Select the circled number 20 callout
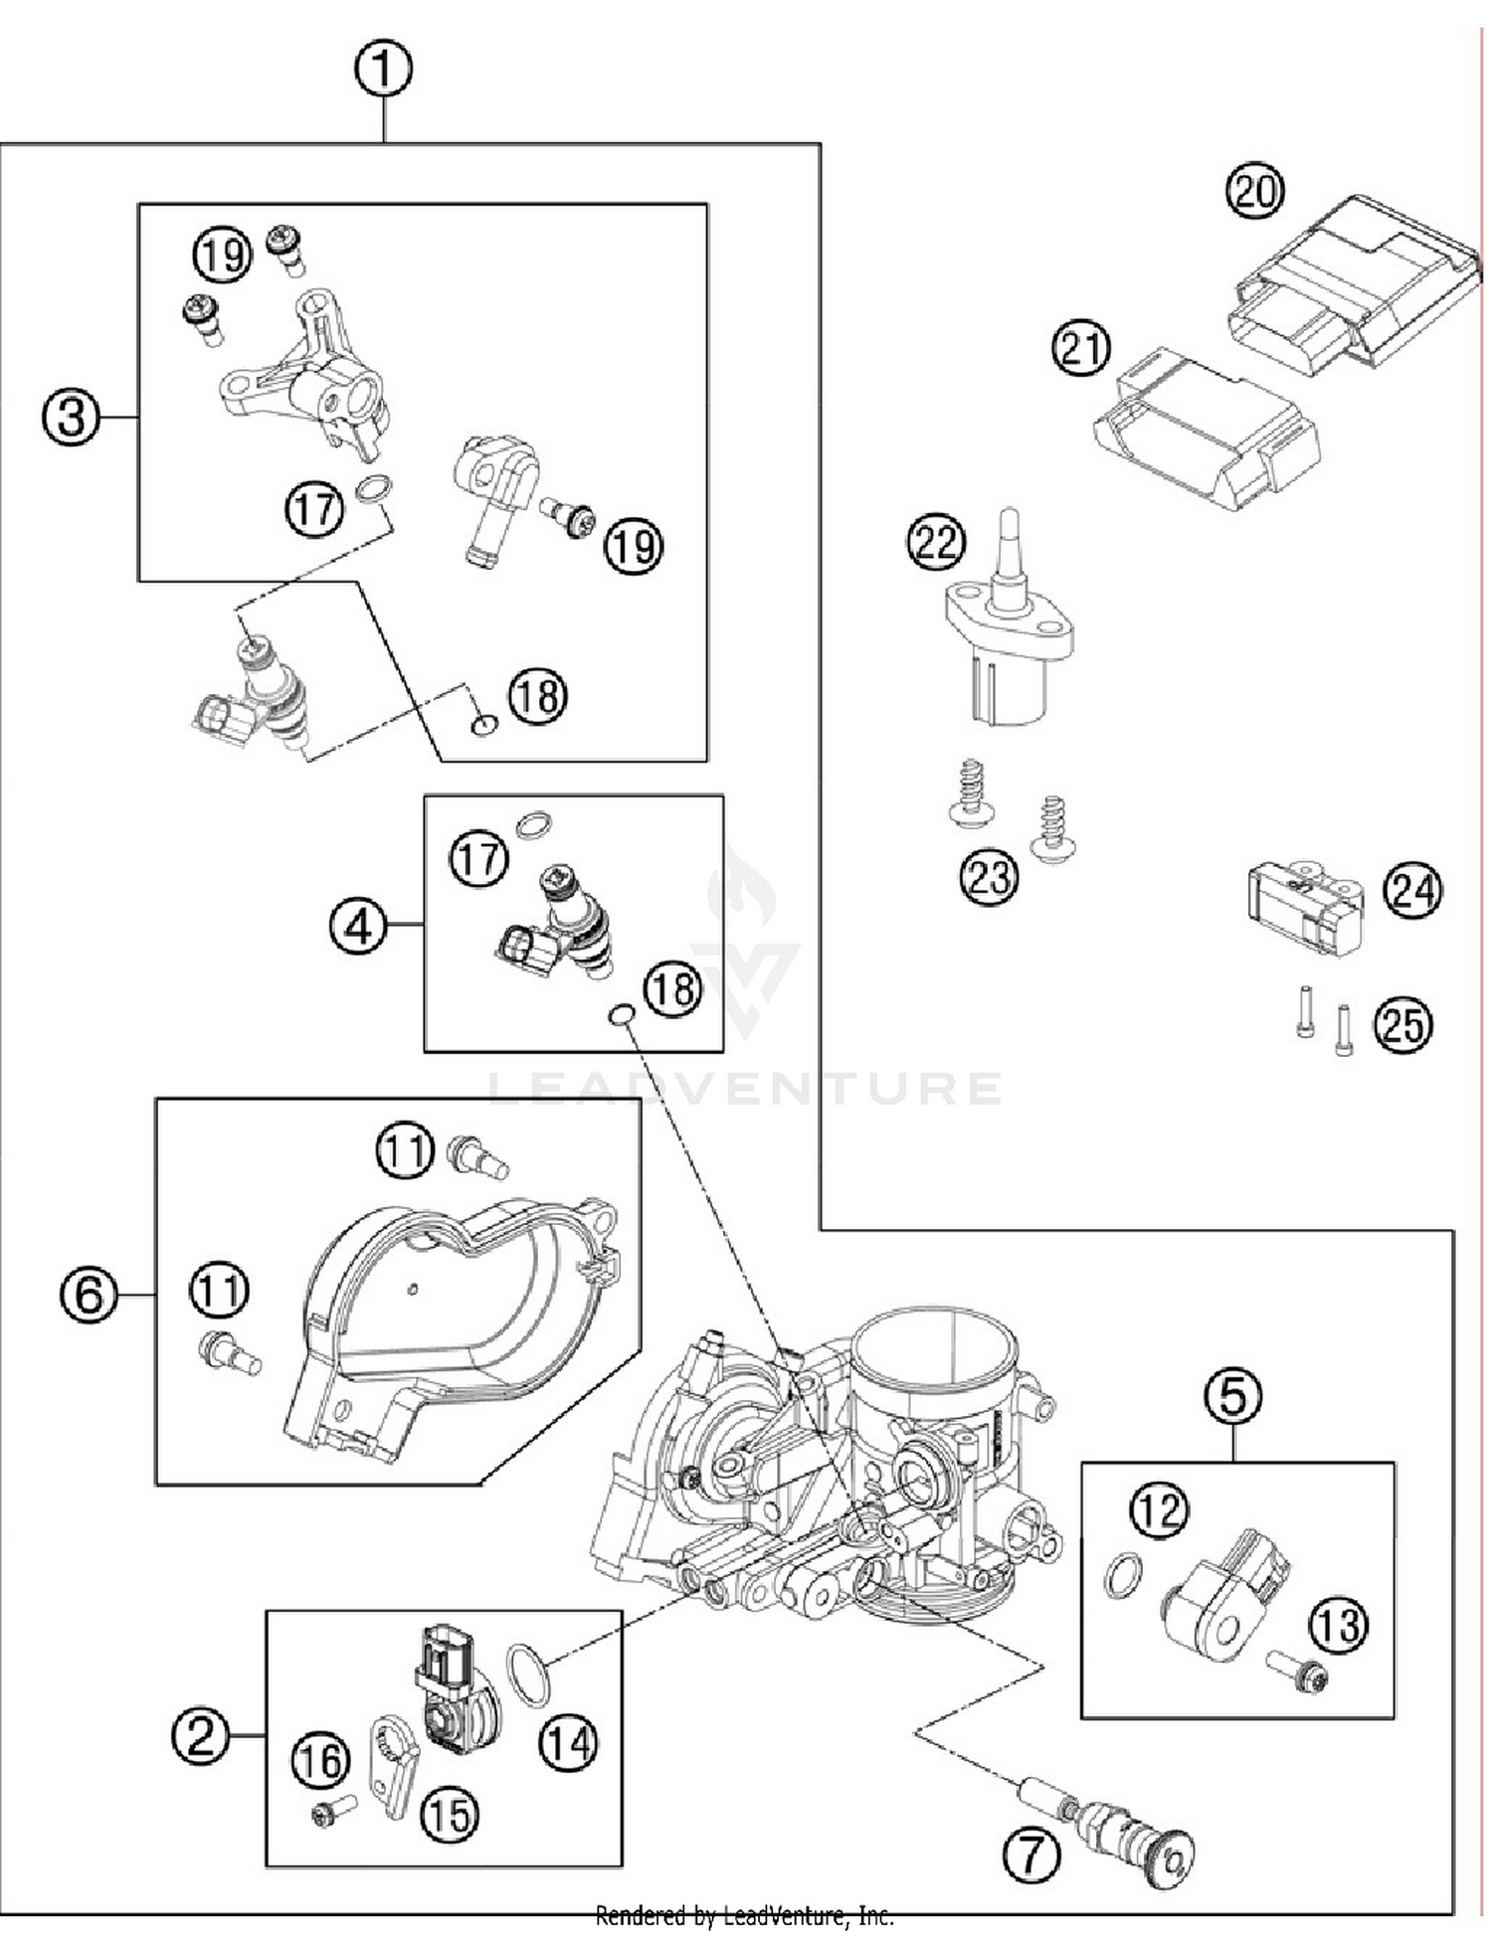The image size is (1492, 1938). pyautogui.click(x=1254, y=191)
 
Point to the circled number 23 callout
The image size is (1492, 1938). pyautogui.click(x=989, y=877)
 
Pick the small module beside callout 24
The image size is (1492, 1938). pyautogui.click(x=1304, y=908)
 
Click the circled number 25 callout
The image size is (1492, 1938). pyautogui.click(x=1402, y=1023)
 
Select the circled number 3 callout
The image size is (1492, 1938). pyautogui.click(x=71, y=416)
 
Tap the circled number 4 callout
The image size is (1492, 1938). pyautogui.click(x=357, y=927)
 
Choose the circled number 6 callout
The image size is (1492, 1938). pyautogui.click(x=89, y=1295)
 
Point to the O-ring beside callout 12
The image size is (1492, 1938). pyautogui.click(x=1123, y=1574)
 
